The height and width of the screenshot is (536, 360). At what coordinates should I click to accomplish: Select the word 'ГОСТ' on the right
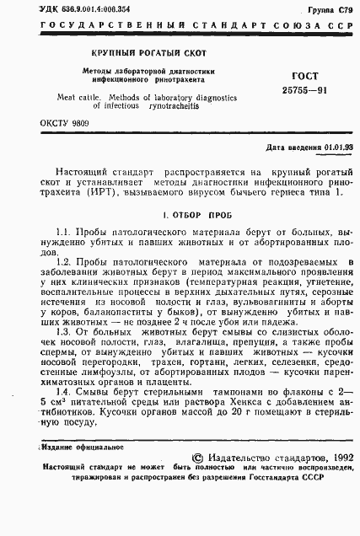[x=286, y=77]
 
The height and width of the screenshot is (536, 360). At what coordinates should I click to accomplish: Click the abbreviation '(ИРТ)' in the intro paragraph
[x=104, y=192]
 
